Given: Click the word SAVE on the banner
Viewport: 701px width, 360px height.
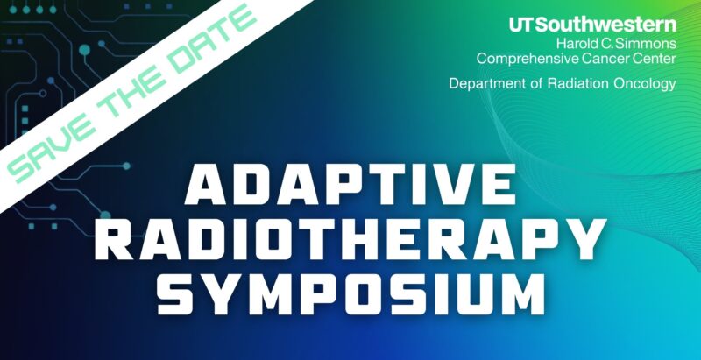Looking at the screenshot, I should click(x=53, y=140).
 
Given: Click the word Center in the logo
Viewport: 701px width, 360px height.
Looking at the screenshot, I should click(x=654, y=59).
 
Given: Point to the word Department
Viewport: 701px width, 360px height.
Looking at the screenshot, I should click(x=485, y=84).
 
